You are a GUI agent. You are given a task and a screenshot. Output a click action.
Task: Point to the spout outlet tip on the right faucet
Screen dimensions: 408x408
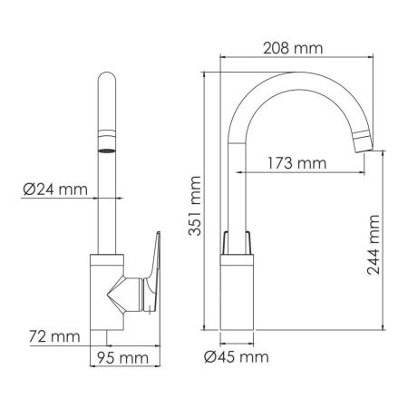click(365, 139)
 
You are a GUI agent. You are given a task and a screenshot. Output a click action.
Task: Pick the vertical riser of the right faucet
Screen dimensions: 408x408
click(237, 181)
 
